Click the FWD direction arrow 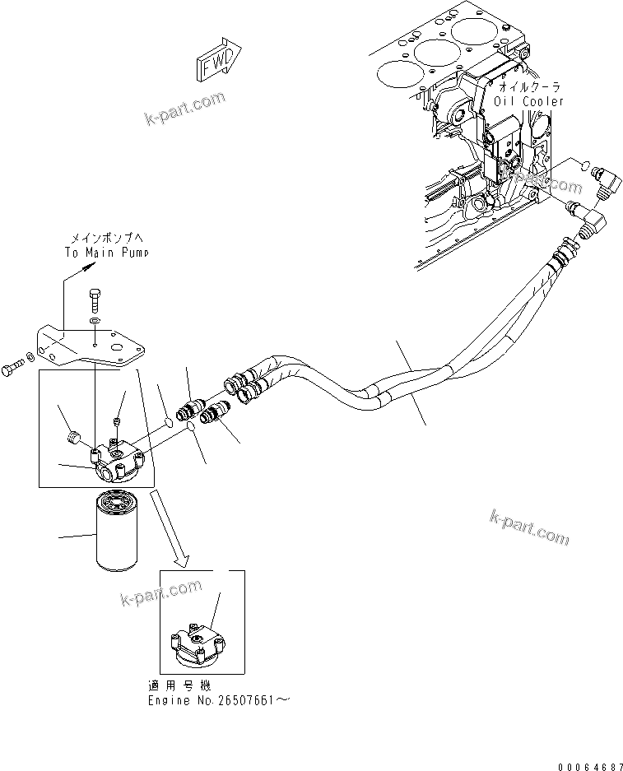tap(217, 63)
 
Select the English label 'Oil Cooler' tap(529, 101)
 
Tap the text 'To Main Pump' tap(107, 253)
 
